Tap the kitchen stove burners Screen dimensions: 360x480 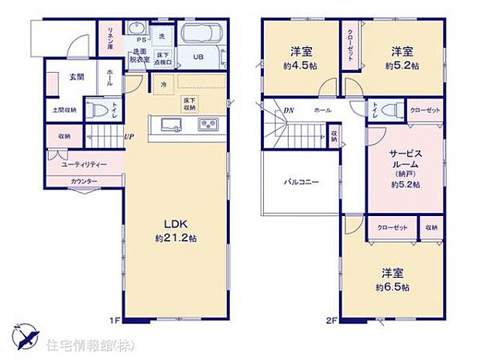pyautogui.click(x=208, y=125)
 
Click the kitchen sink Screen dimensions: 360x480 pyautogui.click(x=169, y=125)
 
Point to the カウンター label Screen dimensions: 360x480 pyautogui.click(x=84, y=181)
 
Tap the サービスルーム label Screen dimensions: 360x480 pyautogui.click(x=404, y=159)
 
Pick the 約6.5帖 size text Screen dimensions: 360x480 pyautogui.click(x=394, y=287)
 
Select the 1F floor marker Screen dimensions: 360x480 pyautogui.click(x=113, y=320)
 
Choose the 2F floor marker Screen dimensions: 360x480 pyautogui.click(x=331, y=320)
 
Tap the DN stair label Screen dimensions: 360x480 pyautogui.click(x=288, y=111)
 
